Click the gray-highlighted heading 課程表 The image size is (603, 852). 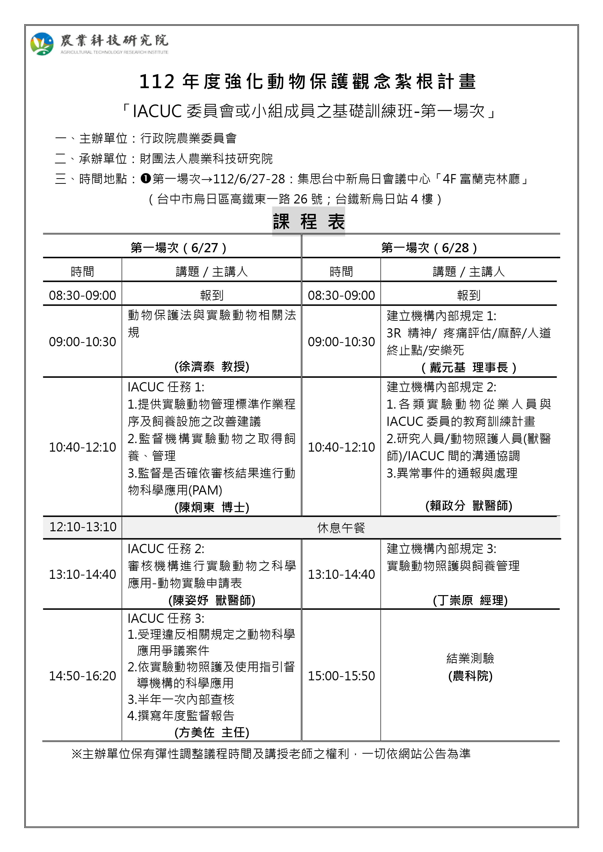pyautogui.click(x=308, y=222)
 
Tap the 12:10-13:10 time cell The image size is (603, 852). pyautogui.click(x=82, y=527)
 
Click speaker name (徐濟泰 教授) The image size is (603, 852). pyautogui.click(x=212, y=367)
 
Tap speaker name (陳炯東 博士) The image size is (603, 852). pyautogui.click(x=212, y=507)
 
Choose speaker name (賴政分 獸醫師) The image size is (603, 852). pyautogui.click(x=469, y=506)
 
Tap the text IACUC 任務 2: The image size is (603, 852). pyautogui.click(x=166, y=548)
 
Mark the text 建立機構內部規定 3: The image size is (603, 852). pyautogui.click(x=441, y=548)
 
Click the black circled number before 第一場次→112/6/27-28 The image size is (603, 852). pyautogui.click(x=146, y=179)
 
